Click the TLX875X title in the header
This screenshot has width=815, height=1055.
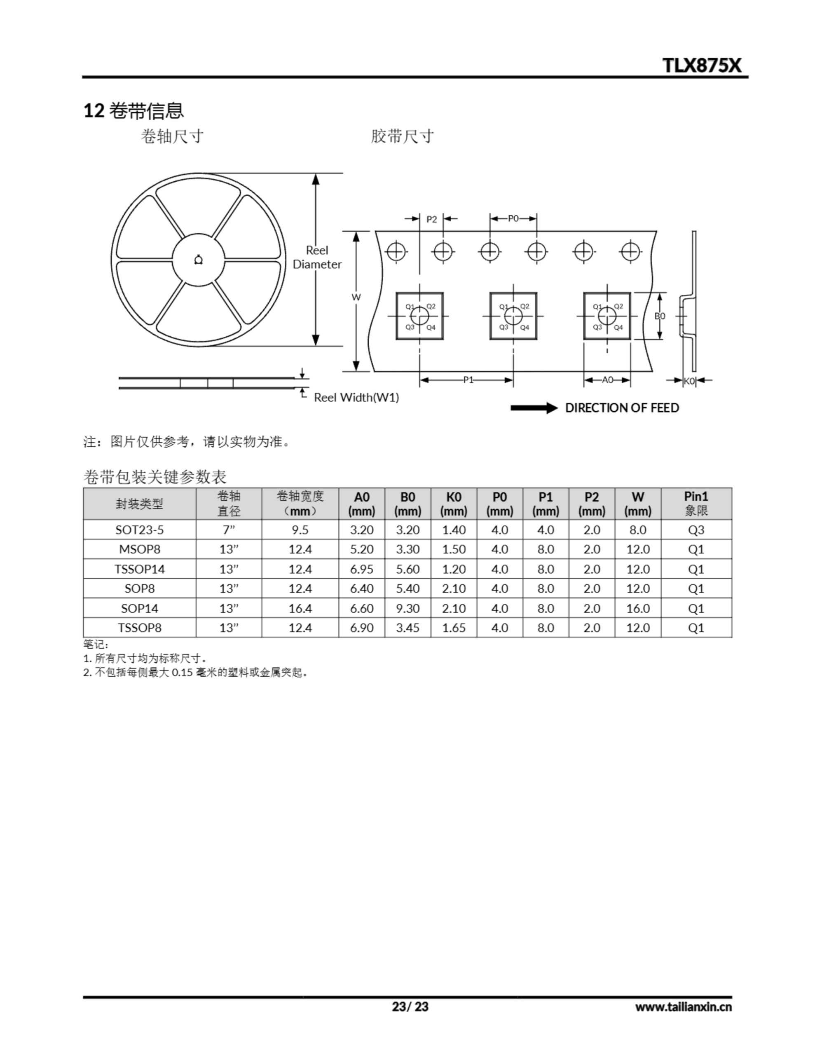point(701,65)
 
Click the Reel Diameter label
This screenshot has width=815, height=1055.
point(317,257)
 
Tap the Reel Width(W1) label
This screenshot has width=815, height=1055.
point(356,397)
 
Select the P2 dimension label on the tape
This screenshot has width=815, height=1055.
point(431,219)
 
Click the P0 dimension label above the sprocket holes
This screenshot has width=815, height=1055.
point(513,219)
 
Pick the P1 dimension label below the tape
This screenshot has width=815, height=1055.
point(468,380)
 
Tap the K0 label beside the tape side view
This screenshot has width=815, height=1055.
point(689,381)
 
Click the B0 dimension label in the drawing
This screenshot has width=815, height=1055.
point(659,316)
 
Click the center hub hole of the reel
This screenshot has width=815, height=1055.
point(198,260)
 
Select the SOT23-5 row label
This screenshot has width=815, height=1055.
point(140,530)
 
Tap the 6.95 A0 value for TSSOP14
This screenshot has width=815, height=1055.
point(361,569)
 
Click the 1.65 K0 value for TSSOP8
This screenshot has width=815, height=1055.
point(454,628)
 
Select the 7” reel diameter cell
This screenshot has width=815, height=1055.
point(229,530)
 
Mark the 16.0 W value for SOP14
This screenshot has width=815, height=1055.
point(638,608)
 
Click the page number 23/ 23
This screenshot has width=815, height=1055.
point(410,1007)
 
